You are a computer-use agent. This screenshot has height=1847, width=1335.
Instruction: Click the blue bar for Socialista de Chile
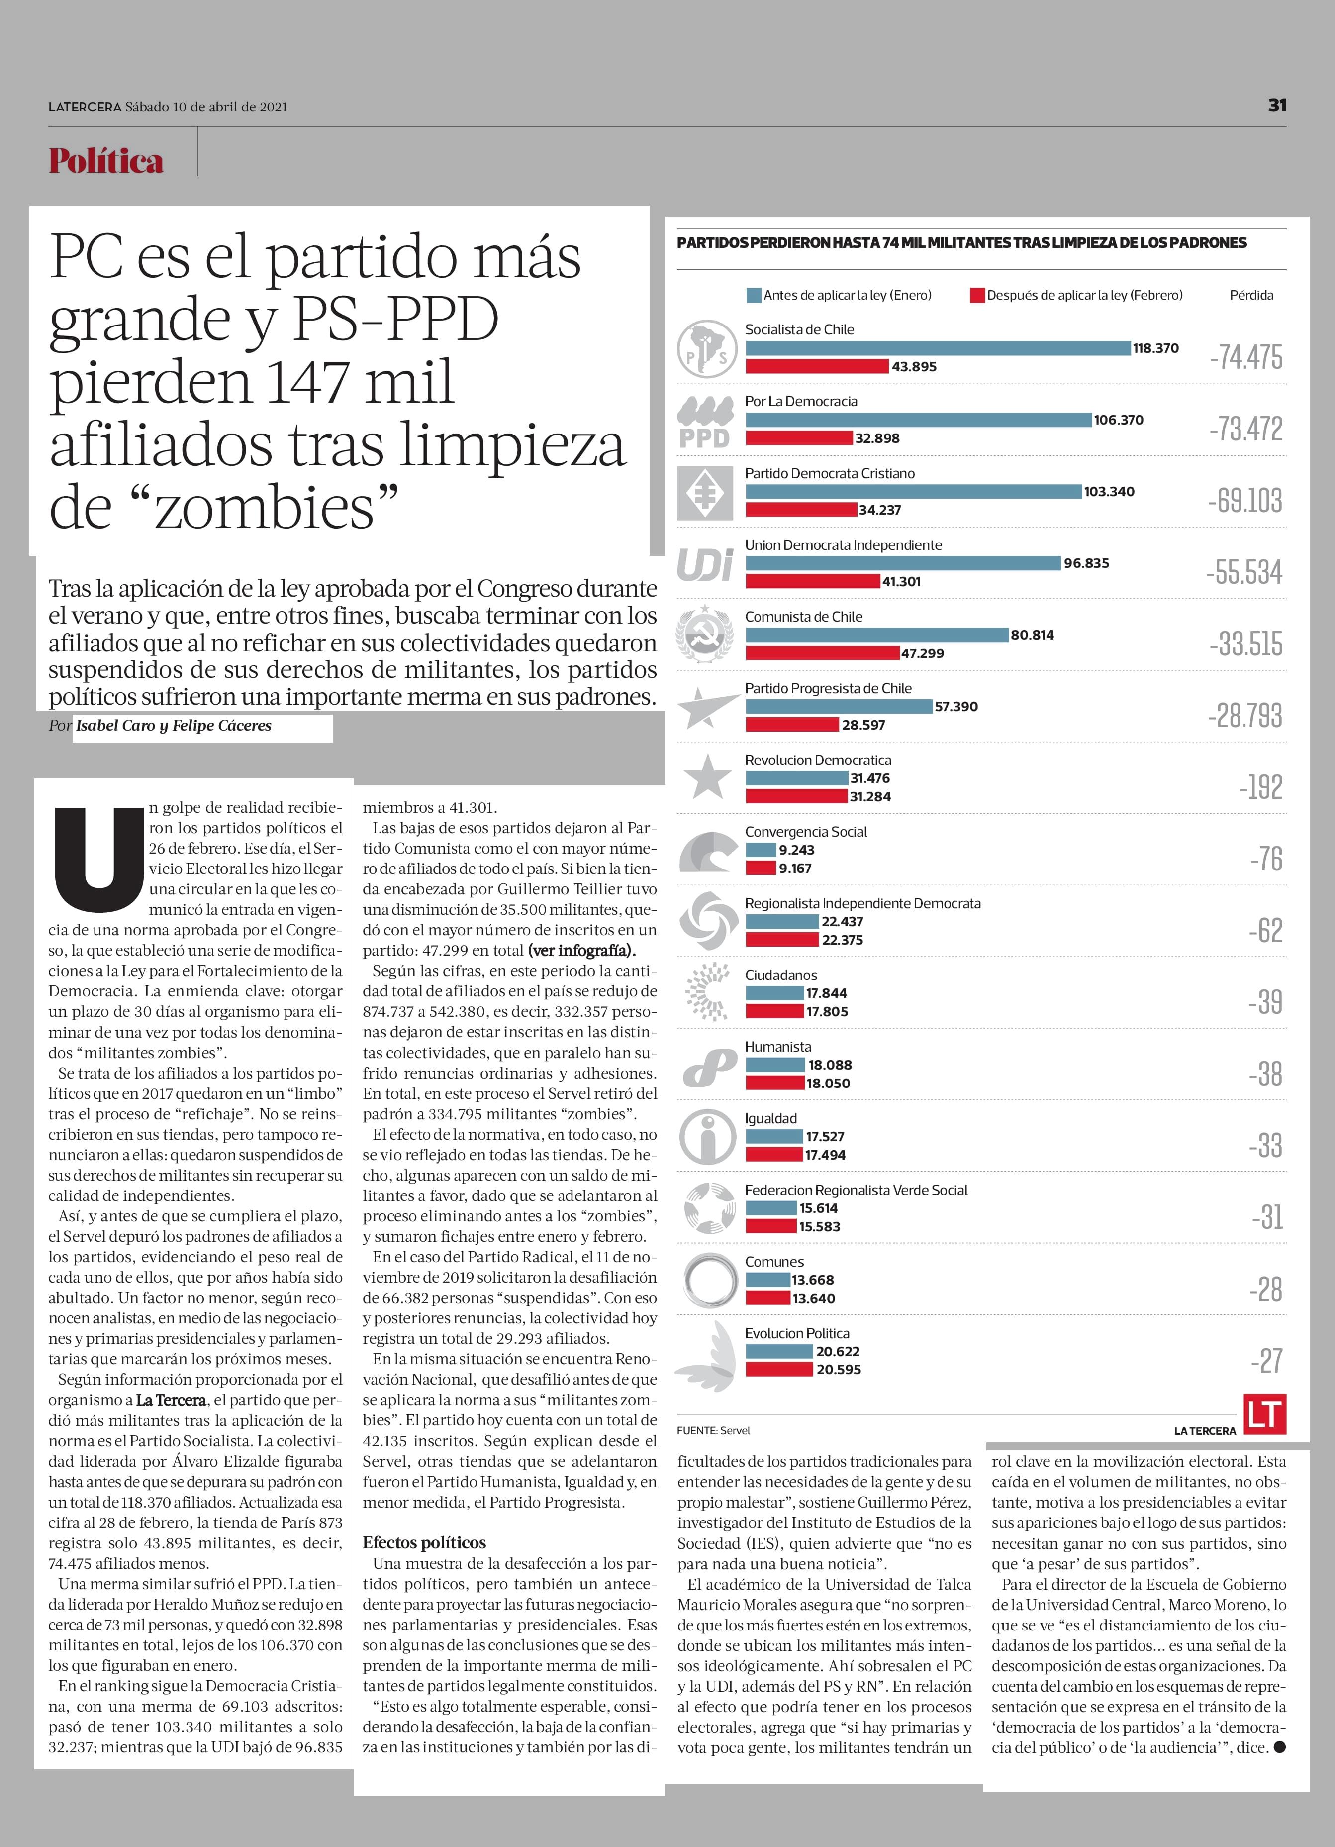[x=938, y=348]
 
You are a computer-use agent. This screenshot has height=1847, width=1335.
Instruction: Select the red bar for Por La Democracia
[x=799, y=438]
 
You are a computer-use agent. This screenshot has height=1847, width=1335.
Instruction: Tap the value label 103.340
[x=1109, y=491]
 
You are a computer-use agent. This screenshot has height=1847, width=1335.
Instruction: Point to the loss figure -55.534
[x=1244, y=572]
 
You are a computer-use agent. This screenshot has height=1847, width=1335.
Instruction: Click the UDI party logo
[x=705, y=564]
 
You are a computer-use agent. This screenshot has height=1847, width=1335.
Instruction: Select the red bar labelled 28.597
[x=792, y=725]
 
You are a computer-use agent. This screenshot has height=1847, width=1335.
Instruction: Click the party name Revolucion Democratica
[x=818, y=760]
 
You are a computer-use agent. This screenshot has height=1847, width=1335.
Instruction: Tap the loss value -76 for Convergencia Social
[x=1267, y=859]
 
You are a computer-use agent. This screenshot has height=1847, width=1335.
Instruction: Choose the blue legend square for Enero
[x=754, y=295]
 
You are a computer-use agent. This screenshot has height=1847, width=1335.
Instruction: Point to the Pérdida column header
[x=1251, y=295]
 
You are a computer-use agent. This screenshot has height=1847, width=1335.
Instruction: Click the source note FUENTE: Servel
[x=713, y=1430]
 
